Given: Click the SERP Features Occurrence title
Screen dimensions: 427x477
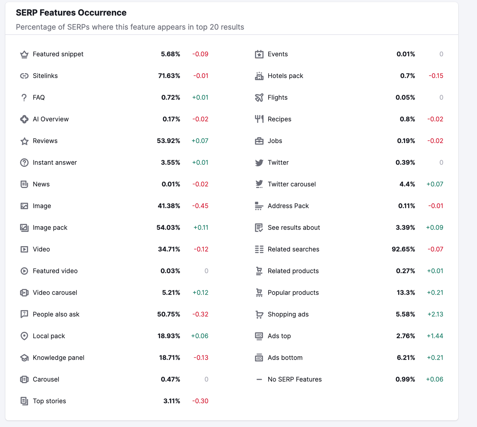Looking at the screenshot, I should tap(71, 13).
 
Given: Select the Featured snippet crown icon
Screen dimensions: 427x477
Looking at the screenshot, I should tap(24, 54).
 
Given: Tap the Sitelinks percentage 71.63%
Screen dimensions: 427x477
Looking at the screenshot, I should tap(169, 76).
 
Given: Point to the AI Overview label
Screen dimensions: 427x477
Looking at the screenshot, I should tap(51, 119).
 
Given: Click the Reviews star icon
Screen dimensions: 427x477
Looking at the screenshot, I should tap(24, 141).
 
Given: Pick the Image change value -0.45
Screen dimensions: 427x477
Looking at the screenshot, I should tap(200, 206).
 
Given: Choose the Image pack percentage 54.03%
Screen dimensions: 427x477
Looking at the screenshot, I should tap(168, 228).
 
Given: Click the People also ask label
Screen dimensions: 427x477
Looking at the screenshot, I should tap(56, 314).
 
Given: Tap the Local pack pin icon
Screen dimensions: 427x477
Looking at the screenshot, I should tap(24, 336).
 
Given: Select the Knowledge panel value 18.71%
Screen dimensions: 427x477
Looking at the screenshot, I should tap(169, 358).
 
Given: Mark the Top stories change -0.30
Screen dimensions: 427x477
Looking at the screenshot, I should tap(200, 401).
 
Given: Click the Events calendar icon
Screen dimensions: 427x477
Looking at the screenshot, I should tap(259, 54).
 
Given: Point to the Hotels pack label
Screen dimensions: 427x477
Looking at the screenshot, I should tap(285, 76).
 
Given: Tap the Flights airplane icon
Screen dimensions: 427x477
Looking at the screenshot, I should tap(259, 98).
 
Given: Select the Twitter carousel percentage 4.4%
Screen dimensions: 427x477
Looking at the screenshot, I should tap(407, 184).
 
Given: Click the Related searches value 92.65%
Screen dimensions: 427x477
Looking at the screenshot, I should tap(403, 249).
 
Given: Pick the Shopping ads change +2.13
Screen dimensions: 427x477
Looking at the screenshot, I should tap(435, 314).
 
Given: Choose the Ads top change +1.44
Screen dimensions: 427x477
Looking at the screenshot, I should tap(435, 336).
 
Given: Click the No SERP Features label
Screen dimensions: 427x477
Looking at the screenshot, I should tap(295, 379).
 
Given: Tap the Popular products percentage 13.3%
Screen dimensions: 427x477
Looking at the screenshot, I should tap(405, 293).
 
